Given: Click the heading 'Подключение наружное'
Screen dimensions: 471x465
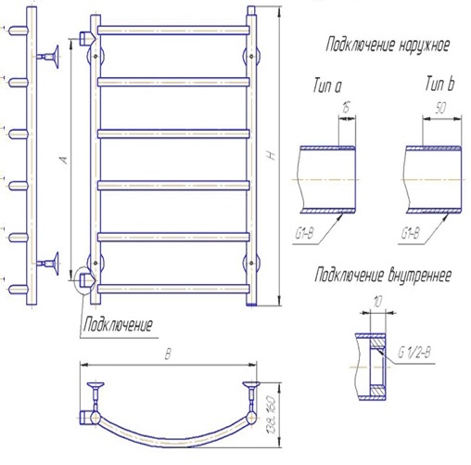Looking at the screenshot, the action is click(x=388, y=45).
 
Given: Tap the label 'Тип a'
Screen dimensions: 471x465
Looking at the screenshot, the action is click(x=327, y=85).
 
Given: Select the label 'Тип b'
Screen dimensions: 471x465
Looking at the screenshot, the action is click(x=439, y=84).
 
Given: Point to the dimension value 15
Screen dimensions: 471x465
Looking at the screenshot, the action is click(x=346, y=108).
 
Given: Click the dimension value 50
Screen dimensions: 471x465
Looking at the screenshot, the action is click(x=440, y=108).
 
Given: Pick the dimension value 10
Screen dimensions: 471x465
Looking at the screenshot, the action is click(x=377, y=302).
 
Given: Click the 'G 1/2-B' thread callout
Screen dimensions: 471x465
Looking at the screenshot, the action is click(x=414, y=353).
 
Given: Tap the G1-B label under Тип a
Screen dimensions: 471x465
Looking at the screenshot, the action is click(x=305, y=233).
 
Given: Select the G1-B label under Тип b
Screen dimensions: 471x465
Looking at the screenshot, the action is click(x=411, y=233).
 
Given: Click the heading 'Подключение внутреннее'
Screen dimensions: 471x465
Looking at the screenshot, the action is click(x=383, y=275).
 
